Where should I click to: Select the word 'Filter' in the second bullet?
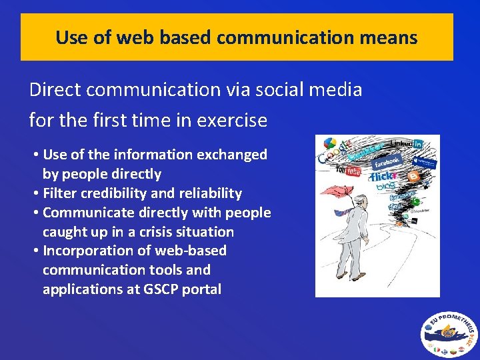(61, 193)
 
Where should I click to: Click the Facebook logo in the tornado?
(386, 161)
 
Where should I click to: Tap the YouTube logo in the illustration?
(348, 171)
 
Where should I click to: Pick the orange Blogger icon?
(413, 177)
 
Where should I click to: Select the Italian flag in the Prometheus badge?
(435, 348)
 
